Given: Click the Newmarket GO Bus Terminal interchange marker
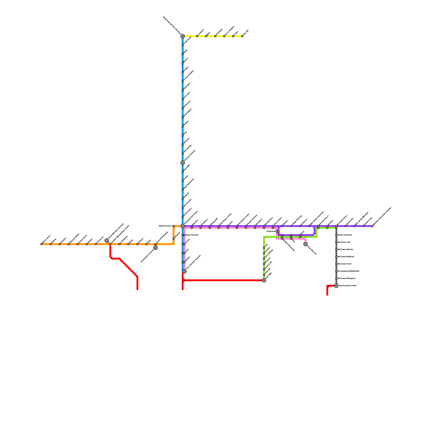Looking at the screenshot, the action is click(183, 36).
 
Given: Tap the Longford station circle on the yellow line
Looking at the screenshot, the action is click(197, 36).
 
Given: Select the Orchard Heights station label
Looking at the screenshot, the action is click(189, 76).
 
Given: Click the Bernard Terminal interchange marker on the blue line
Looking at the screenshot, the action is click(183, 163).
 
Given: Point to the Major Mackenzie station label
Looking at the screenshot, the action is click(189, 184).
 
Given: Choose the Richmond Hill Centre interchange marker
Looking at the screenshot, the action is click(183, 226).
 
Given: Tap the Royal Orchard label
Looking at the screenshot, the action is click(192, 235).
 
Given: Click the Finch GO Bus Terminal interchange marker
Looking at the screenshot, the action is click(184, 271).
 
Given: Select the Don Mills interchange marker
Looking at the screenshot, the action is click(264, 280).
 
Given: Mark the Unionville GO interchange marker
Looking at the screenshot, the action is click(306, 244).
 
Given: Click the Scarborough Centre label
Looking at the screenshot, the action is click(347, 286).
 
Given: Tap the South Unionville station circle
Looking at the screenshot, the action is click(336, 235).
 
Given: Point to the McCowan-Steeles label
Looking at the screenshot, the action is click(345, 250).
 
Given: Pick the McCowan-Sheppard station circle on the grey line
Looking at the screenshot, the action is click(336, 278).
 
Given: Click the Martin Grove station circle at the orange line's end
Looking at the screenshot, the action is click(42, 244).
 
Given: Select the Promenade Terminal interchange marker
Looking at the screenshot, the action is click(155, 248).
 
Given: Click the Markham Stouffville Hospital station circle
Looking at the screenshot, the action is click(372, 226).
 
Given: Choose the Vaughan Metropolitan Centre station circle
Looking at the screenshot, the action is click(110, 244).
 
